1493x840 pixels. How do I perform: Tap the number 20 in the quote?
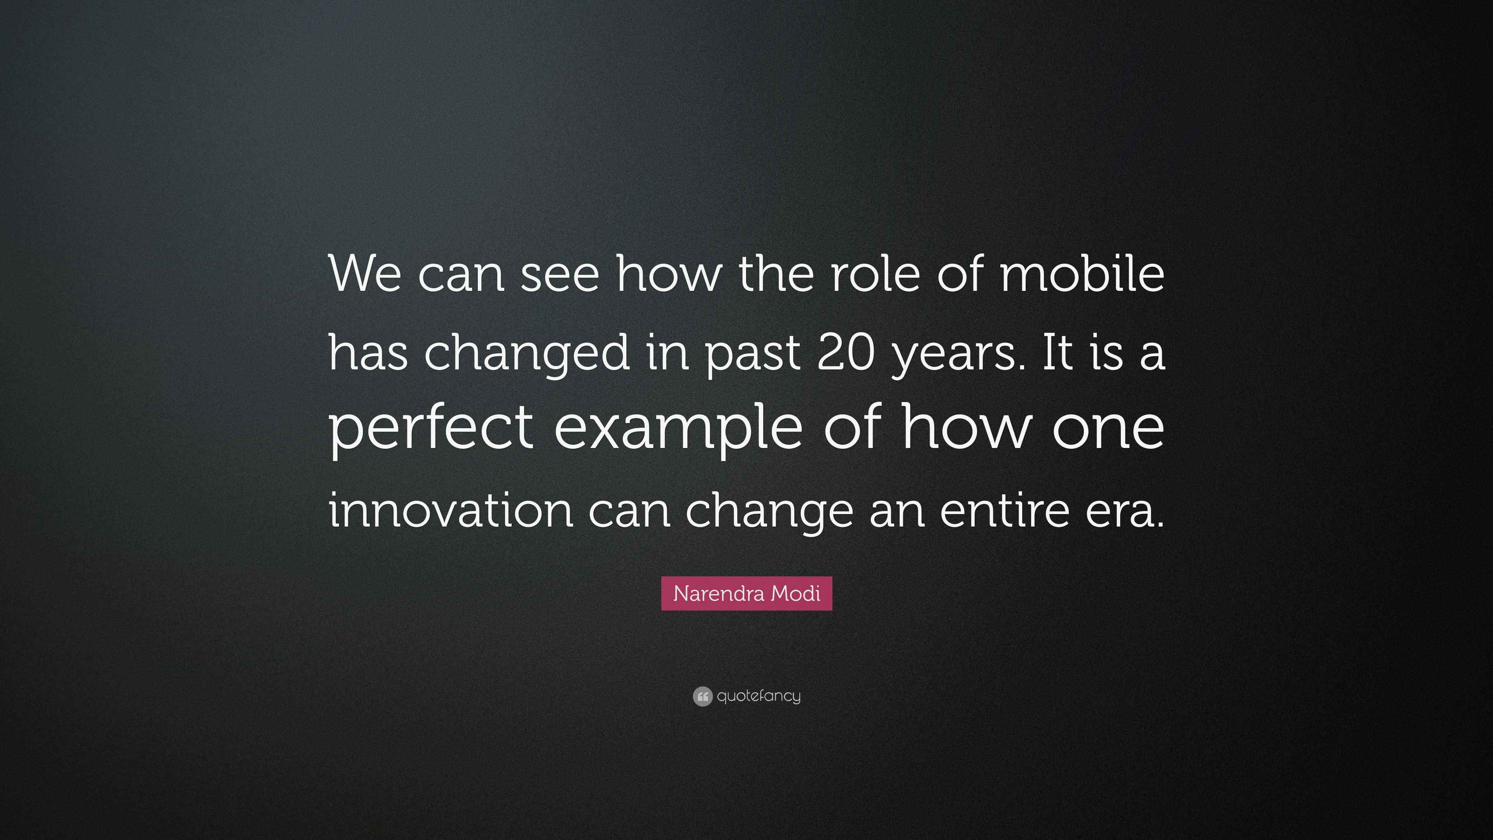point(845,353)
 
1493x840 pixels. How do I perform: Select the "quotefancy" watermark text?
point(759,696)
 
